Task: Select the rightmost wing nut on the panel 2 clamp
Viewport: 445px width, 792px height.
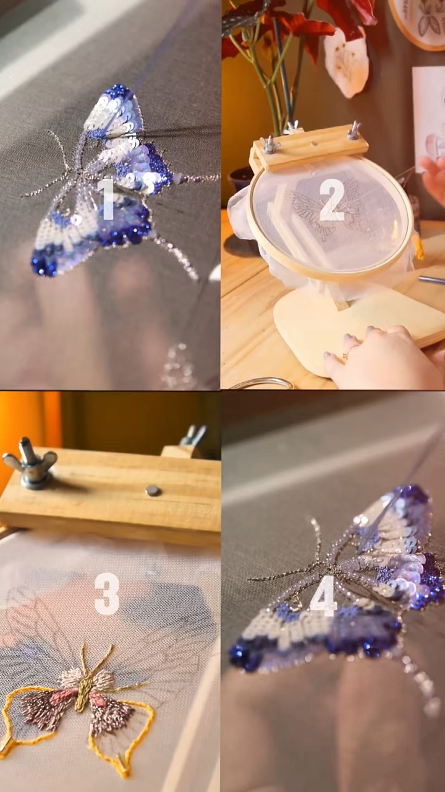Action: (x=354, y=130)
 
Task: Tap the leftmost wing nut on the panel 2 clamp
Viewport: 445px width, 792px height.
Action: (x=271, y=145)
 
